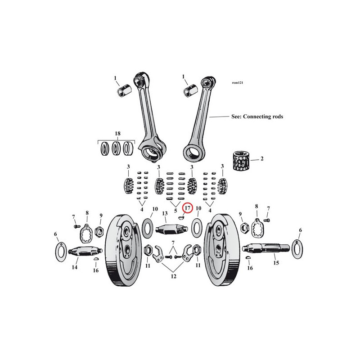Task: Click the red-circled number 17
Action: pos(188,208)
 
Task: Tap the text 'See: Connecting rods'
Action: pos(257,117)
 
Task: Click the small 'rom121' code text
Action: pos(238,83)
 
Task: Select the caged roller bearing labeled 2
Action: pos(241,161)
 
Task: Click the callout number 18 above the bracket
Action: pos(117,133)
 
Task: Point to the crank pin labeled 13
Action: pos(172,229)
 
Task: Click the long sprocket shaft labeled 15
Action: pos(266,248)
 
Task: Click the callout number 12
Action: pos(174,276)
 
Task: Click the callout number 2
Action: pos(262,159)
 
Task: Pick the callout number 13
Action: pos(165,213)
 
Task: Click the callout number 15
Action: pos(276,263)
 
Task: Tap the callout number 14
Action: pos(75,267)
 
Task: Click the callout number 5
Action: pos(175,211)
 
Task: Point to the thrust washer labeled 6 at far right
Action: pos(297,249)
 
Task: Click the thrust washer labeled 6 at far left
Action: pos(61,252)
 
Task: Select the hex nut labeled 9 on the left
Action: pos(99,231)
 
